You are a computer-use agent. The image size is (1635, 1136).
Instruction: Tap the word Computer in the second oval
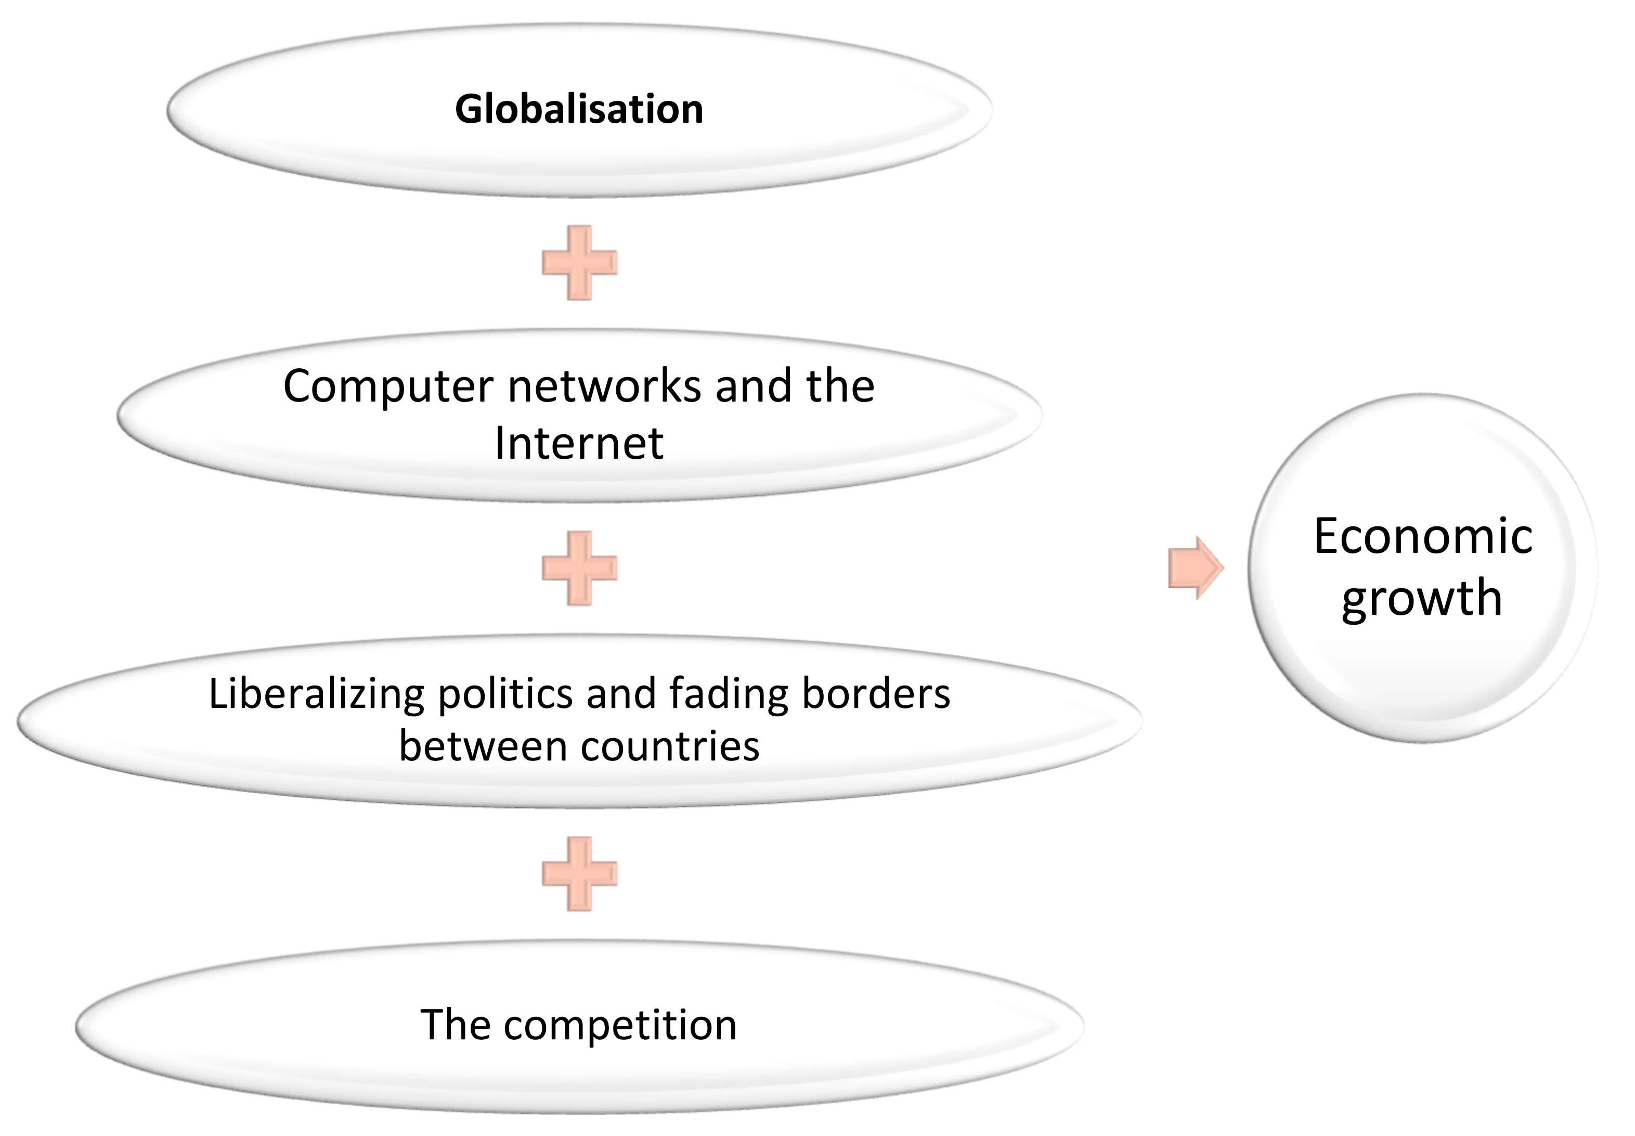click(388, 386)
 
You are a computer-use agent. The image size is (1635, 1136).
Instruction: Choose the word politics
click(504, 694)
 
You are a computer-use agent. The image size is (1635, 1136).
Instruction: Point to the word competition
click(620, 1026)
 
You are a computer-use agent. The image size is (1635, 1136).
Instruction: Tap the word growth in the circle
click(1422, 598)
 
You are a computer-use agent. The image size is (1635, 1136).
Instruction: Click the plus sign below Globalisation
click(579, 263)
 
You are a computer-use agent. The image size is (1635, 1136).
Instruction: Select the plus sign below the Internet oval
click(579, 568)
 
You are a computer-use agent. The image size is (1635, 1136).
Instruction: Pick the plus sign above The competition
click(579, 873)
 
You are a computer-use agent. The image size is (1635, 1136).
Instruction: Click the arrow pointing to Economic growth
click(1195, 568)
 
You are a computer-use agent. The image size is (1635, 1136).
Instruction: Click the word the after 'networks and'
click(840, 386)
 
